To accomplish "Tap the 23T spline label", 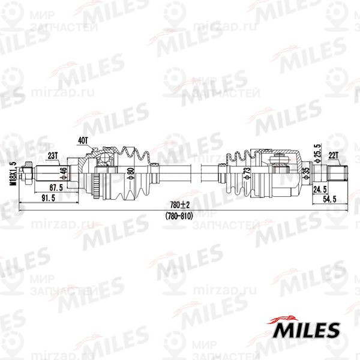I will [53, 155].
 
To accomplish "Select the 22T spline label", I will [334, 155].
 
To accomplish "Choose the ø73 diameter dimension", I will [247, 174].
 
